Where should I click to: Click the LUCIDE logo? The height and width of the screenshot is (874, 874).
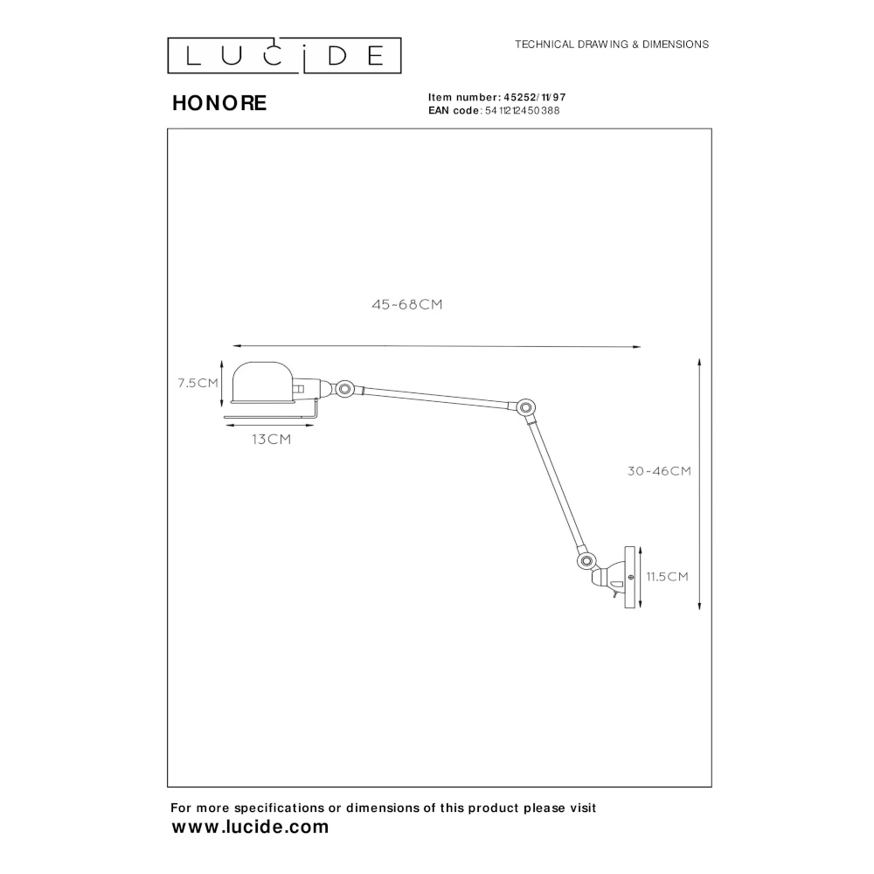click(284, 55)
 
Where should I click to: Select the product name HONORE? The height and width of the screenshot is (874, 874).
click(219, 103)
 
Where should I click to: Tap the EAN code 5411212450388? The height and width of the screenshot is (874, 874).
click(523, 110)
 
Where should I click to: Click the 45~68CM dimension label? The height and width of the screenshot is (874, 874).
click(407, 304)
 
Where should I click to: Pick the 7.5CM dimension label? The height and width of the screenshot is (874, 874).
click(198, 383)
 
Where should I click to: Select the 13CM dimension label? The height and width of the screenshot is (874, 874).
click(272, 440)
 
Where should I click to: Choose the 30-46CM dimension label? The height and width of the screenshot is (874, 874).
click(659, 471)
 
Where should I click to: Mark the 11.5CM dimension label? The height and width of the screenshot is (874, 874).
click(667, 576)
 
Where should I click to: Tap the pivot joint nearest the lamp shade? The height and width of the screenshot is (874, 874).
click(344, 388)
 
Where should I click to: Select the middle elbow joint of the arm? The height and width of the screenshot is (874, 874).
click(524, 407)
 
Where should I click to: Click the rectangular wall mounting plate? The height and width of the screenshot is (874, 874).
click(630, 577)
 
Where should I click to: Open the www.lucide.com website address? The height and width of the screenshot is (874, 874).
click(250, 827)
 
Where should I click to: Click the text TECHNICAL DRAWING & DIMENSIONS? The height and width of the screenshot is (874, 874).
click(612, 45)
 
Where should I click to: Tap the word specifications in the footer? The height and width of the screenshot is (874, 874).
click(280, 808)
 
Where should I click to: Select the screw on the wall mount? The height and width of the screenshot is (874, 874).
click(630, 577)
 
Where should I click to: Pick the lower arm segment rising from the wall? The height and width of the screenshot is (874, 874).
click(556, 485)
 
